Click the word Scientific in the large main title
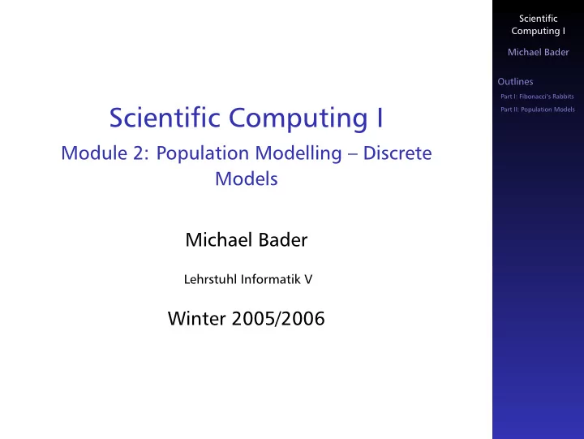[165, 118]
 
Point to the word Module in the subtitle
[94, 153]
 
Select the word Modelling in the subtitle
[298, 154]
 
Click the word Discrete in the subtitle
[397, 153]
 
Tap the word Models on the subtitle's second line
[247, 179]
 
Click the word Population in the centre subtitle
[203, 154]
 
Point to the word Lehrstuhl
[210, 279]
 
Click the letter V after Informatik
[308, 279]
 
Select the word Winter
[196, 319]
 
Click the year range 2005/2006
[278, 319]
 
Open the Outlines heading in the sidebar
[515, 82]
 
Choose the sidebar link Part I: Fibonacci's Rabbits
[537, 97]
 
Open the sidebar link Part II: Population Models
[538, 110]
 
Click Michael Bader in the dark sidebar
[539, 52]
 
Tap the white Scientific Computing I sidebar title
[539, 24]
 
